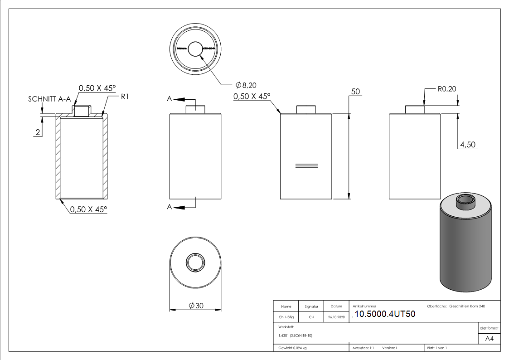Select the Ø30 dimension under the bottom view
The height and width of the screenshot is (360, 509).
tap(196, 306)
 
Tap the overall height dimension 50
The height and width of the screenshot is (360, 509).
tap(355, 92)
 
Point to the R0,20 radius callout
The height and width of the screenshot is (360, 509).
tap(446, 89)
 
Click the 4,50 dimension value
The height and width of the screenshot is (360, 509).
tap(467, 145)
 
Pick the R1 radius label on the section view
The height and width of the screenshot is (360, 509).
tap(125, 97)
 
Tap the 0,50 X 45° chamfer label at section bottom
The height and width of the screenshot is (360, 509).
tap(88, 209)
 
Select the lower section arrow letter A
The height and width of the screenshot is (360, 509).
tap(170, 207)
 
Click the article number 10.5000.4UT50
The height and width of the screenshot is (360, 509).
tap(385, 314)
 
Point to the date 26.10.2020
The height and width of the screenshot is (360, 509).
tap(336, 317)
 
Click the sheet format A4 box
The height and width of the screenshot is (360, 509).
tap(490, 339)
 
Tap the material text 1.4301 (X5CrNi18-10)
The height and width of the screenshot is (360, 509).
tap(296, 336)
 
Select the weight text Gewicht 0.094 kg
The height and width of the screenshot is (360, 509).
tap(293, 348)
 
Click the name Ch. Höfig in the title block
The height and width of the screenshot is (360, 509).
tap(287, 317)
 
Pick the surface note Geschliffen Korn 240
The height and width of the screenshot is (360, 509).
tap(467, 306)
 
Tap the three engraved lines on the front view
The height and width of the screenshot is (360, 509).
tap(306, 165)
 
